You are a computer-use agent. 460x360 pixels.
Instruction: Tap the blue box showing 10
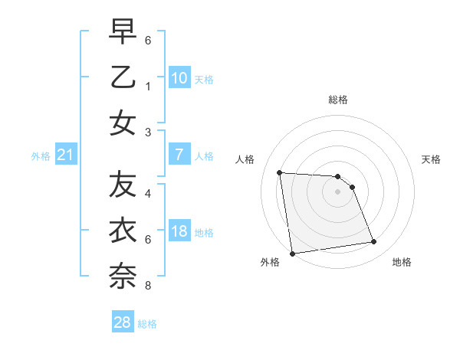[179, 78]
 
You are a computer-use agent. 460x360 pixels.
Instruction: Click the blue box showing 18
[179, 232]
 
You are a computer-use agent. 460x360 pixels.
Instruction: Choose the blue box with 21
[65, 155]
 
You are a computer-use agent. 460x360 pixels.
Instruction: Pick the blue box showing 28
[122, 322]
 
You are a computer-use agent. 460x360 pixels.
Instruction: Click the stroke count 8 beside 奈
[147, 286]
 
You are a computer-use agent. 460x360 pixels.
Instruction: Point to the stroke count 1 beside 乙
[147, 87]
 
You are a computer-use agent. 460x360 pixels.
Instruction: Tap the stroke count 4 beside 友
[147, 193]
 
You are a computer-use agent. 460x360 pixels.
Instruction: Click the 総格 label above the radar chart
[337, 100]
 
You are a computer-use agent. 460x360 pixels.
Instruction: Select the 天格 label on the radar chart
[432, 159]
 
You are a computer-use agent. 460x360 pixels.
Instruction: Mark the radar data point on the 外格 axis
[291, 254]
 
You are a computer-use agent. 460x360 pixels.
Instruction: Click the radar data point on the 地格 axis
[374, 242]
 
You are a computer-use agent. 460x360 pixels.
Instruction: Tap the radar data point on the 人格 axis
[279, 172]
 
